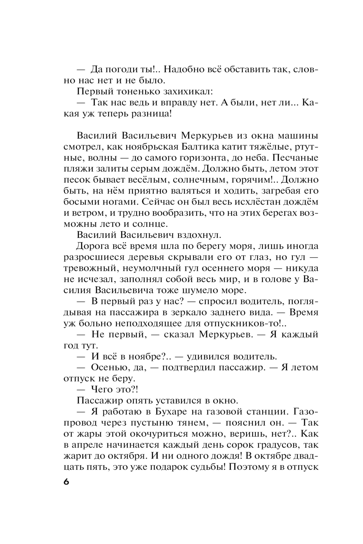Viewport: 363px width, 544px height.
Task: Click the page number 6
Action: point(66,482)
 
